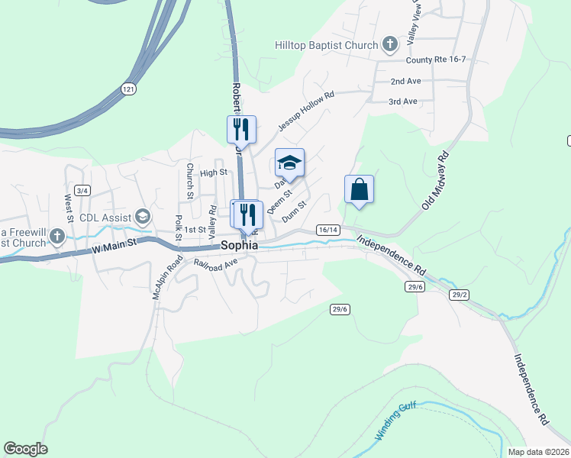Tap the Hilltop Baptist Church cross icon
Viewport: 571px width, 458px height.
[390, 44]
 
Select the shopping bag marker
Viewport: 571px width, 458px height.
[359, 189]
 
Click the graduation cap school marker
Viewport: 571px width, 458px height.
[289, 162]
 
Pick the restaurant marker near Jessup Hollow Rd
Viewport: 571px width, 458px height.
[242, 128]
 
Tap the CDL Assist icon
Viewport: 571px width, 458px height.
[142, 218]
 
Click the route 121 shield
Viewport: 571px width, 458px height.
[128, 89]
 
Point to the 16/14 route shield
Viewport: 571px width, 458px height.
[327, 229]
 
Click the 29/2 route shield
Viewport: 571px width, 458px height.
[459, 295]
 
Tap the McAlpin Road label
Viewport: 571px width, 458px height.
[169, 276]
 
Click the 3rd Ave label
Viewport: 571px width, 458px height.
[403, 102]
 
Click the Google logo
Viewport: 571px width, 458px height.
[25, 449]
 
